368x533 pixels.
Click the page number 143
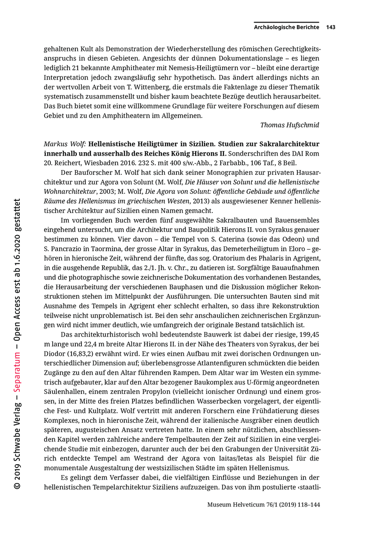(330, 27)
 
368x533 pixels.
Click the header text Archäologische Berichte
(286, 27)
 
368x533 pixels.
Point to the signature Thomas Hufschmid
(289, 125)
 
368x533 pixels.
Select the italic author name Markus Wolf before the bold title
(64, 143)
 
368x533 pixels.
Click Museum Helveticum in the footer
(236, 504)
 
